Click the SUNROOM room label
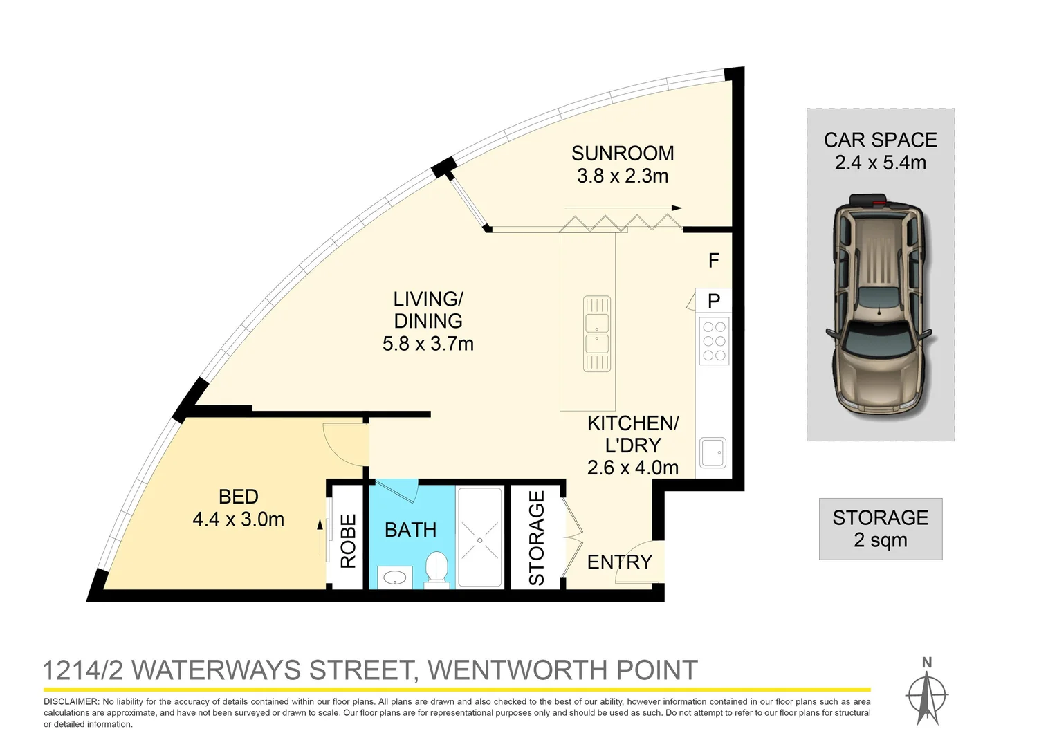[x=622, y=153]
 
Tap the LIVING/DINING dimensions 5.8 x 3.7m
[x=428, y=344]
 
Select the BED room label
[x=238, y=497]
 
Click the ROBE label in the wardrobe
[x=348, y=541]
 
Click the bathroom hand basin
[x=395, y=578]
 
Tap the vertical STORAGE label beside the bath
[x=537, y=538]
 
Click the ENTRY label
[x=619, y=562]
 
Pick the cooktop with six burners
[x=714, y=341]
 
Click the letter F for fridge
[x=714, y=261]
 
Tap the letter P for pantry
[x=714, y=301]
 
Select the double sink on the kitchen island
[x=596, y=333]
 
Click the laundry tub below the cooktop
[x=713, y=452]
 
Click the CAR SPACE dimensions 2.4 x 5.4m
[x=880, y=163]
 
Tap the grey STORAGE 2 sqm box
[x=880, y=528]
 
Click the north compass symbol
[x=927, y=693]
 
